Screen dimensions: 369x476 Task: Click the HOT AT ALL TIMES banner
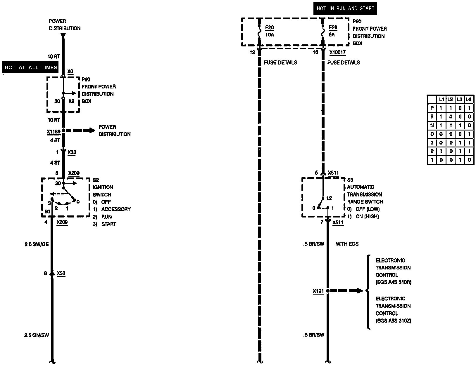31,67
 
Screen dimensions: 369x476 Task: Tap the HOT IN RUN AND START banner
345,8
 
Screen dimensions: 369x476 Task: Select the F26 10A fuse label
269,31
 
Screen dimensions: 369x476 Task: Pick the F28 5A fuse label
333,31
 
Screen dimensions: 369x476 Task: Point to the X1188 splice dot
63,130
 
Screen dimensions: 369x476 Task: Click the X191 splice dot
328,291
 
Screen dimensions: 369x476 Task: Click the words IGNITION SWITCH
103,191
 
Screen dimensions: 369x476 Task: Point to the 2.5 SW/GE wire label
37,244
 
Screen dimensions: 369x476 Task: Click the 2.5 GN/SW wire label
37,335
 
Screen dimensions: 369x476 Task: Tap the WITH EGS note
347,244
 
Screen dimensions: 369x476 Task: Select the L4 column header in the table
468,100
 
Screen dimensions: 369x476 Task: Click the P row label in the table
432,108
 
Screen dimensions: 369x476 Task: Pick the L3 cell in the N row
460,126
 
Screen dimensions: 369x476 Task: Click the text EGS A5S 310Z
394,321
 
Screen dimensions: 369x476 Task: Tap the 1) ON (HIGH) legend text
363,216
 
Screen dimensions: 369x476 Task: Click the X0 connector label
70,72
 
